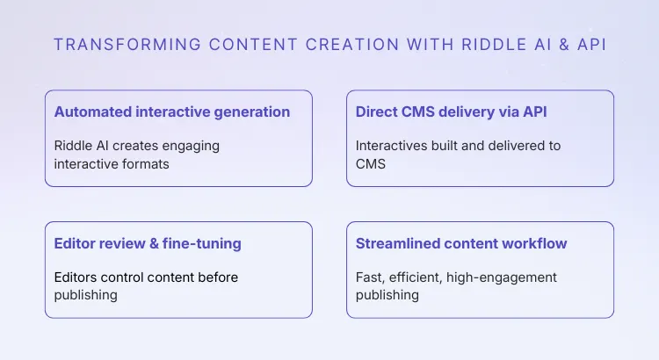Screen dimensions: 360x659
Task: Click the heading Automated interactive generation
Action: pyautogui.click(x=172, y=112)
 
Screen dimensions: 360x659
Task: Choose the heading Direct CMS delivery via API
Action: pyautogui.click(x=457, y=112)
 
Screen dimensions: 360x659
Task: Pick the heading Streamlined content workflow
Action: pyautogui.click(x=461, y=243)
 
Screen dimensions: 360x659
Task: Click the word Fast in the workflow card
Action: pyautogui.click(x=370, y=277)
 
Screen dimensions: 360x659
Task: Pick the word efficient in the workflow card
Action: pyautogui.click(x=416, y=277)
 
